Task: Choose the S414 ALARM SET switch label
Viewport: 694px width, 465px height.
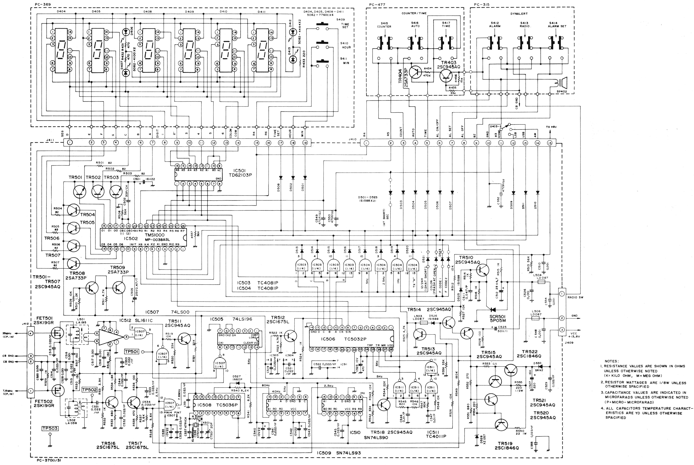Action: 557,25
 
